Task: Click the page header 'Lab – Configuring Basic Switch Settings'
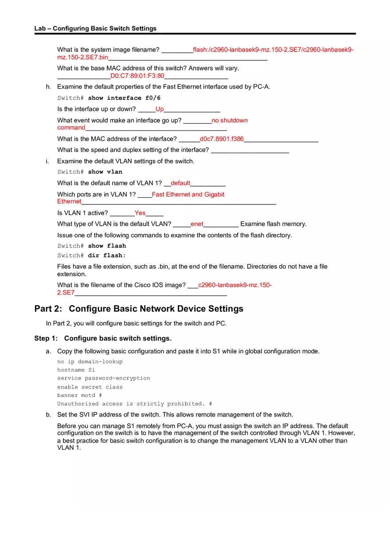click(95, 28)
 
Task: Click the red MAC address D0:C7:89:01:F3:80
click(137, 76)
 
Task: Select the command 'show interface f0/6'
click(124, 98)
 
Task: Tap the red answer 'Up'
click(160, 109)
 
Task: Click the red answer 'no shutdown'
click(230, 120)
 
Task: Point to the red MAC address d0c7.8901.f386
click(222, 139)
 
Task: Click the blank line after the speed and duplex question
click(250, 150)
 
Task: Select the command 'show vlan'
click(105, 172)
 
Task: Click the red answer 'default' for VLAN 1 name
click(180, 183)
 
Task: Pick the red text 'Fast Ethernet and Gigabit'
click(188, 194)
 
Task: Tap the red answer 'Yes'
click(140, 213)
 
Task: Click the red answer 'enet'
click(197, 224)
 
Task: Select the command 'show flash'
click(107, 246)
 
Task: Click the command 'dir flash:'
click(107, 256)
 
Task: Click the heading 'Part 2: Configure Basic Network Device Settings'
click(139, 309)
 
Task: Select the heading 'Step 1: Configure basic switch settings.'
click(103, 338)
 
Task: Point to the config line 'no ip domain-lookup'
click(90, 361)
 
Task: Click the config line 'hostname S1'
click(76, 370)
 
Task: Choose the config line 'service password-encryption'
click(104, 378)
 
